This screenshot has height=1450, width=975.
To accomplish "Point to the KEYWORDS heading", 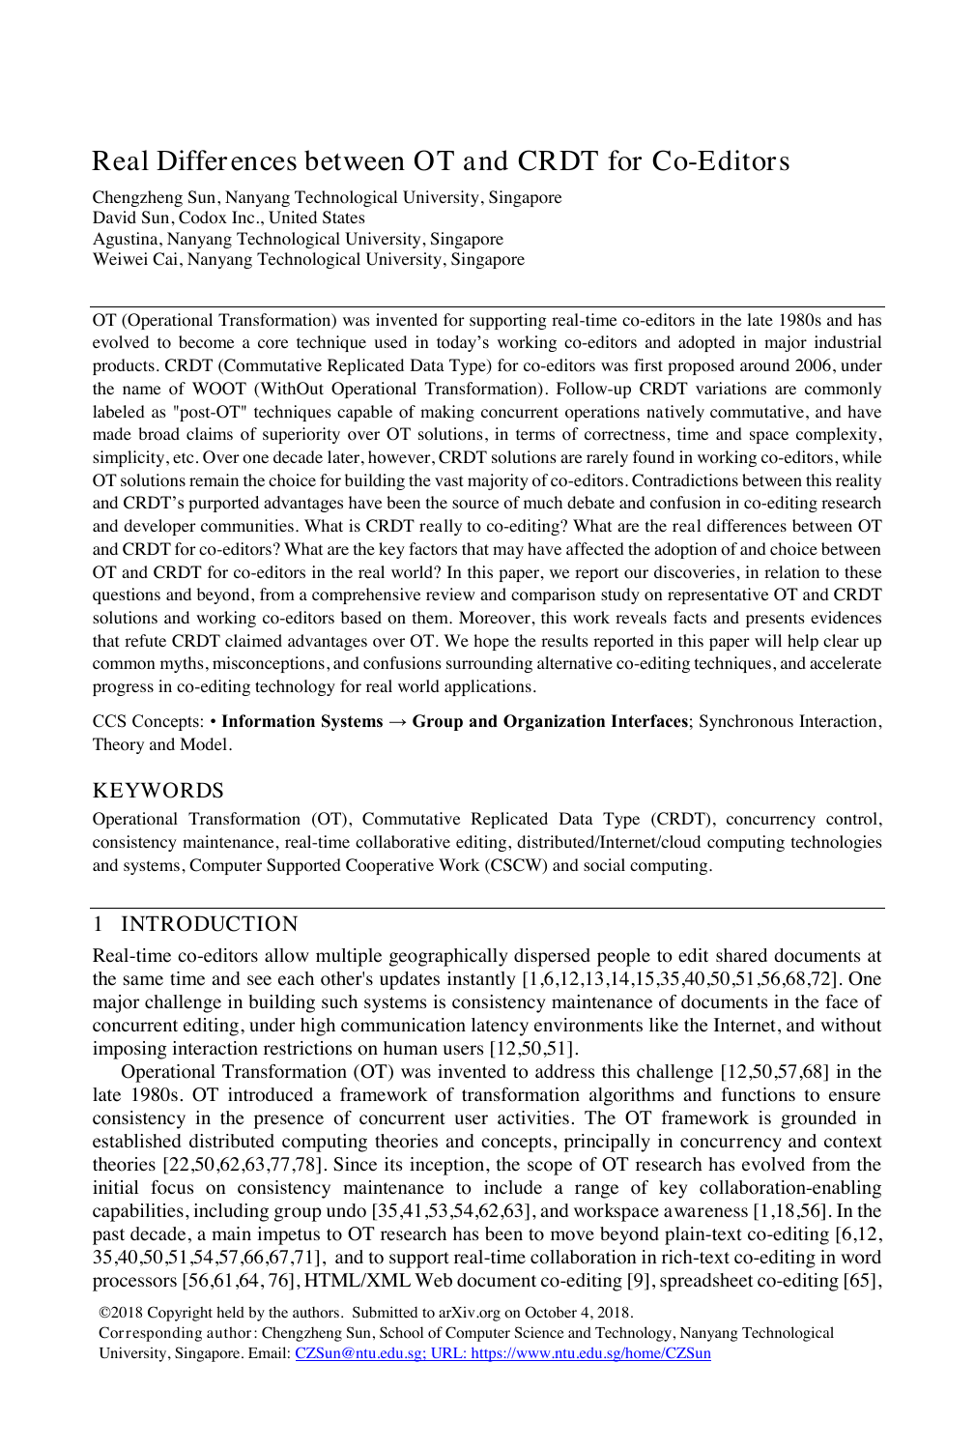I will (158, 791).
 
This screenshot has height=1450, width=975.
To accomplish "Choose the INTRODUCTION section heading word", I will (210, 924).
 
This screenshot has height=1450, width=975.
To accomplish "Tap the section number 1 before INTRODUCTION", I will (98, 924).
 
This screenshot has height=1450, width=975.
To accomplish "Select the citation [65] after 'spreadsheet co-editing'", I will (865, 1281).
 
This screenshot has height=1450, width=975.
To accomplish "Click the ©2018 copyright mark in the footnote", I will (119, 1313).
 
